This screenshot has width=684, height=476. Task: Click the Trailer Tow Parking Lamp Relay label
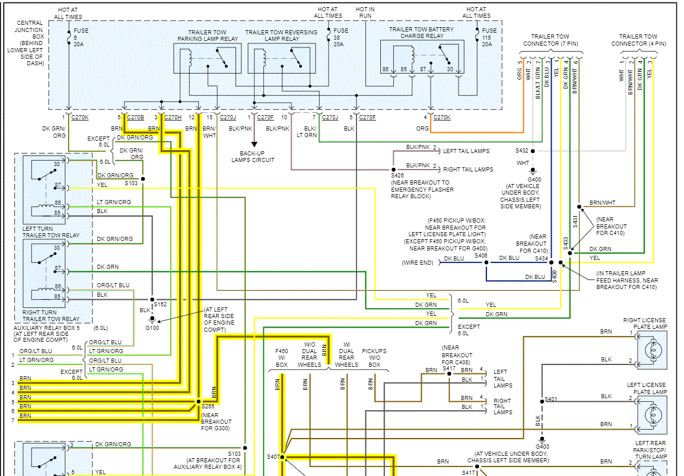(208, 36)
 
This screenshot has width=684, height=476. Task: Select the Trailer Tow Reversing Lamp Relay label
(281, 36)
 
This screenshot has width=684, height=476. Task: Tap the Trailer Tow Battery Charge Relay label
(421, 33)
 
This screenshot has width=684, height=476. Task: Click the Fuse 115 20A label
(489, 37)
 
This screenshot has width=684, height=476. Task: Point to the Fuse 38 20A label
(341, 37)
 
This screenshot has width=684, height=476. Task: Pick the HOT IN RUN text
(365, 13)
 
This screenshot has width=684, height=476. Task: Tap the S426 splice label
(397, 176)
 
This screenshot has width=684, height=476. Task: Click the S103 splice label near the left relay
(131, 183)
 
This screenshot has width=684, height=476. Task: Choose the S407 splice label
(272, 456)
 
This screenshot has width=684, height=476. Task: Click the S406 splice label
(481, 256)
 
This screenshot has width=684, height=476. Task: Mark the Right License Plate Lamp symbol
(651, 350)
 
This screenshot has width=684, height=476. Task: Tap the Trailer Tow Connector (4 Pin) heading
(638, 40)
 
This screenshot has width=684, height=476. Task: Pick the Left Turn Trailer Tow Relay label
(50, 232)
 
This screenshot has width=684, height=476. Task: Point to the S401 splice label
(551, 399)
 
